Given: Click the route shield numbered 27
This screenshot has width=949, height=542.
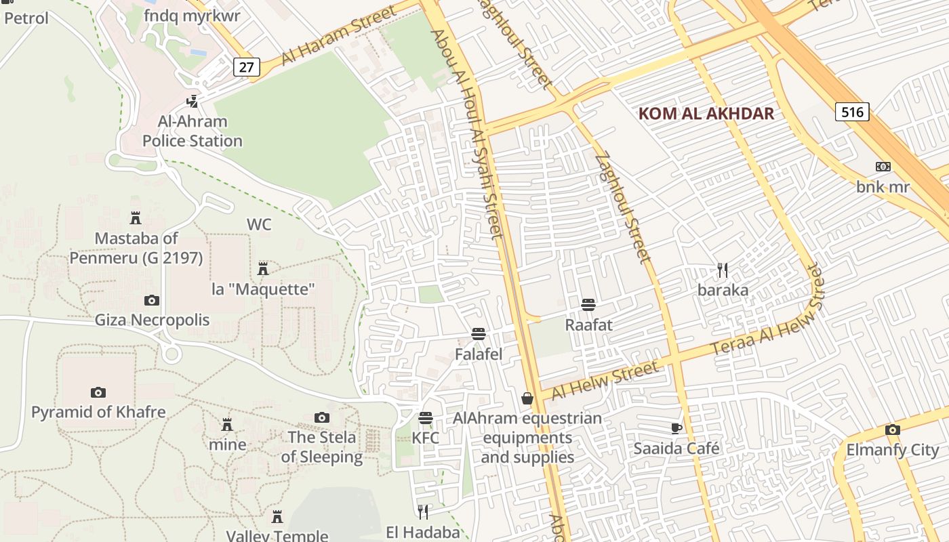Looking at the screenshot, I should [245, 66].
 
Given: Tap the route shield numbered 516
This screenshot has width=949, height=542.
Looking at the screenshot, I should [851, 112].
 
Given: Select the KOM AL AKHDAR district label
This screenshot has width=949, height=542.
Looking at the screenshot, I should [706, 113].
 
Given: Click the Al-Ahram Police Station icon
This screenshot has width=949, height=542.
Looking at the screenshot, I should [193, 102].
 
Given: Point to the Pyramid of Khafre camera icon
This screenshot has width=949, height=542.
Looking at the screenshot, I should [98, 392].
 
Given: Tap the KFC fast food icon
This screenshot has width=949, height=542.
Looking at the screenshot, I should [426, 418].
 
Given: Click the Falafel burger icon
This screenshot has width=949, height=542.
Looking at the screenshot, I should [479, 334].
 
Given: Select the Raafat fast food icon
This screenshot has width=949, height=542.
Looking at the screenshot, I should [588, 305].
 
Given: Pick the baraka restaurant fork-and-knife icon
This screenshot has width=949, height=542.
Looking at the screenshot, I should [723, 270].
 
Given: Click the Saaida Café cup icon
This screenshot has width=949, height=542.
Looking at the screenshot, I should [676, 428].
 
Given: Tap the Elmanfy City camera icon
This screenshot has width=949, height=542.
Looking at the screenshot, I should [893, 430].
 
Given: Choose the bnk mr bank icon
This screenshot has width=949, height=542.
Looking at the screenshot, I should [883, 167].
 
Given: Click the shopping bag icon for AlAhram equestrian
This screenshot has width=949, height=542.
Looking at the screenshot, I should [527, 398].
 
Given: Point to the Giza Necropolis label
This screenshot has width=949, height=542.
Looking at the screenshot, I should [152, 320].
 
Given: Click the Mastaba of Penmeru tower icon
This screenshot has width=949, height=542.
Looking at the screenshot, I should [136, 218].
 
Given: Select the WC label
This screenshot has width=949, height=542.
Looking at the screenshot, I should [259, 224].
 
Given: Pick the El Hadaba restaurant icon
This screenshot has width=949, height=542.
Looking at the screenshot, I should [423, 512].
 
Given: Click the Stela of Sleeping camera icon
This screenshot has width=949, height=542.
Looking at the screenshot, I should [322, 418].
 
